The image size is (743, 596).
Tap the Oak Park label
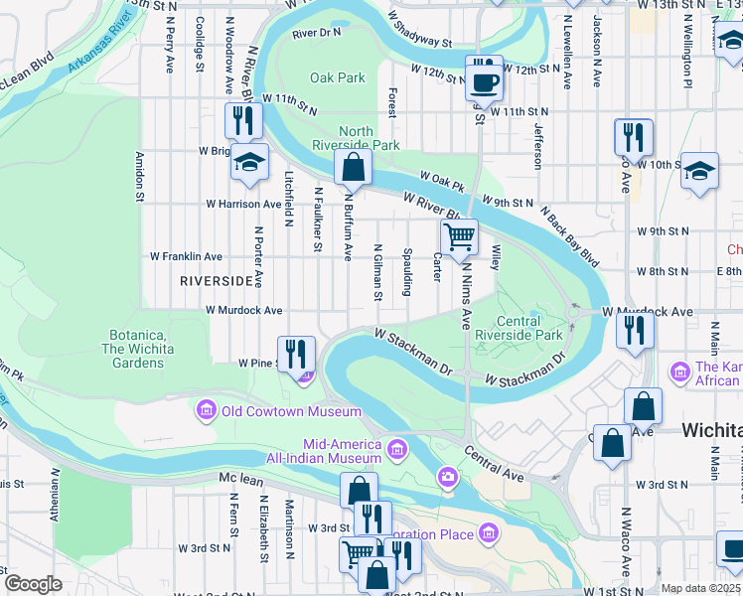338,77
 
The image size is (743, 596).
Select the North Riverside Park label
370,138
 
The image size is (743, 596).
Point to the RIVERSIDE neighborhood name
217,281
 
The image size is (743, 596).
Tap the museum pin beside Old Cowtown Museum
207,410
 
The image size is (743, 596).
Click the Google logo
33,584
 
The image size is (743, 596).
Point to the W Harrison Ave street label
242,204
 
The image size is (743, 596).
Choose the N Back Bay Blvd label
569,238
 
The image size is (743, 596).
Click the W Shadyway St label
420,31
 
